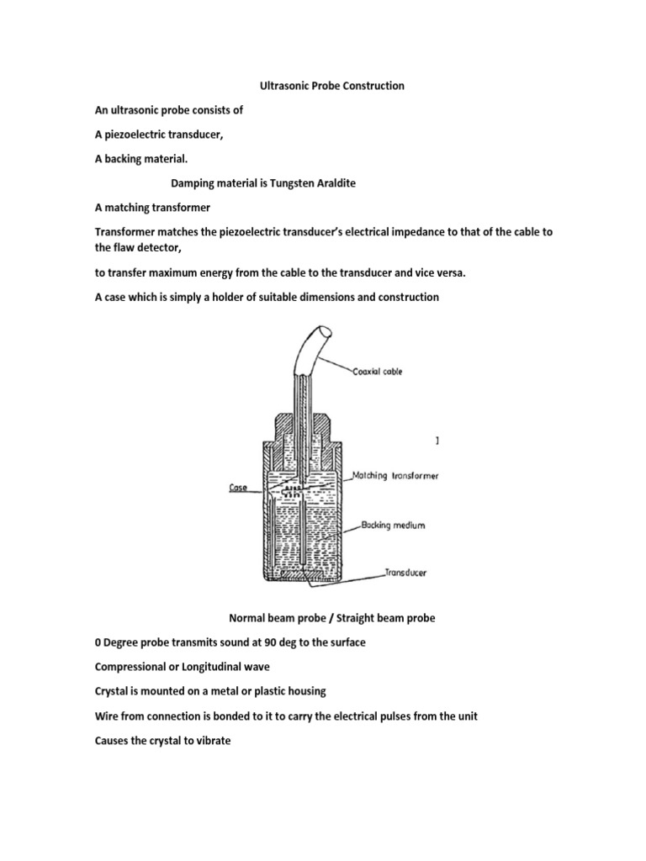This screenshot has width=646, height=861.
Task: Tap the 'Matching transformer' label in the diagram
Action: click(x=400, y=475)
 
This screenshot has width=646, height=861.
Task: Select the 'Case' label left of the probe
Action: click(x=237, y=487)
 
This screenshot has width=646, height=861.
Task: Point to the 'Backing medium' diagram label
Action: click(x=393, y=526)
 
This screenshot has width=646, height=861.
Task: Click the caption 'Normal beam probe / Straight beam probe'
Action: click(x=332, y=618)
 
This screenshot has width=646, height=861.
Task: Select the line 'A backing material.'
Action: click(x=146, y=159)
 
